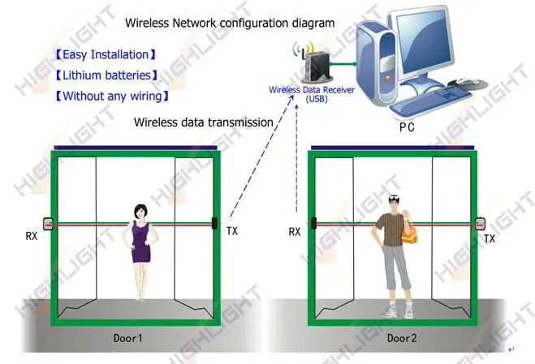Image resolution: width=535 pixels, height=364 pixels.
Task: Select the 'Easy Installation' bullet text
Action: [x=104, y=55]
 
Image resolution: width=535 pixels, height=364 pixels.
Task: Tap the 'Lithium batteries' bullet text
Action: [x=106, y=76]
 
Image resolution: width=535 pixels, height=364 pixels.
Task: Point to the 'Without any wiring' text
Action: [x=111, y=96]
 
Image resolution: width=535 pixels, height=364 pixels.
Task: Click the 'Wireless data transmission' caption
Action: [x=204, y=122]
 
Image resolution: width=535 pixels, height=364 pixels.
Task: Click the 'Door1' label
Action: [x=132, y=337]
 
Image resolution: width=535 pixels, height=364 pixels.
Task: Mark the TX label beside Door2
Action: [x=490, y=238]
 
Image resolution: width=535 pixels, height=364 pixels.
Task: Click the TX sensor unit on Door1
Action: [x=214, y=221]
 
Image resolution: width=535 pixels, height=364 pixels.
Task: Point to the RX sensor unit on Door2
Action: [x=312, y=221]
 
